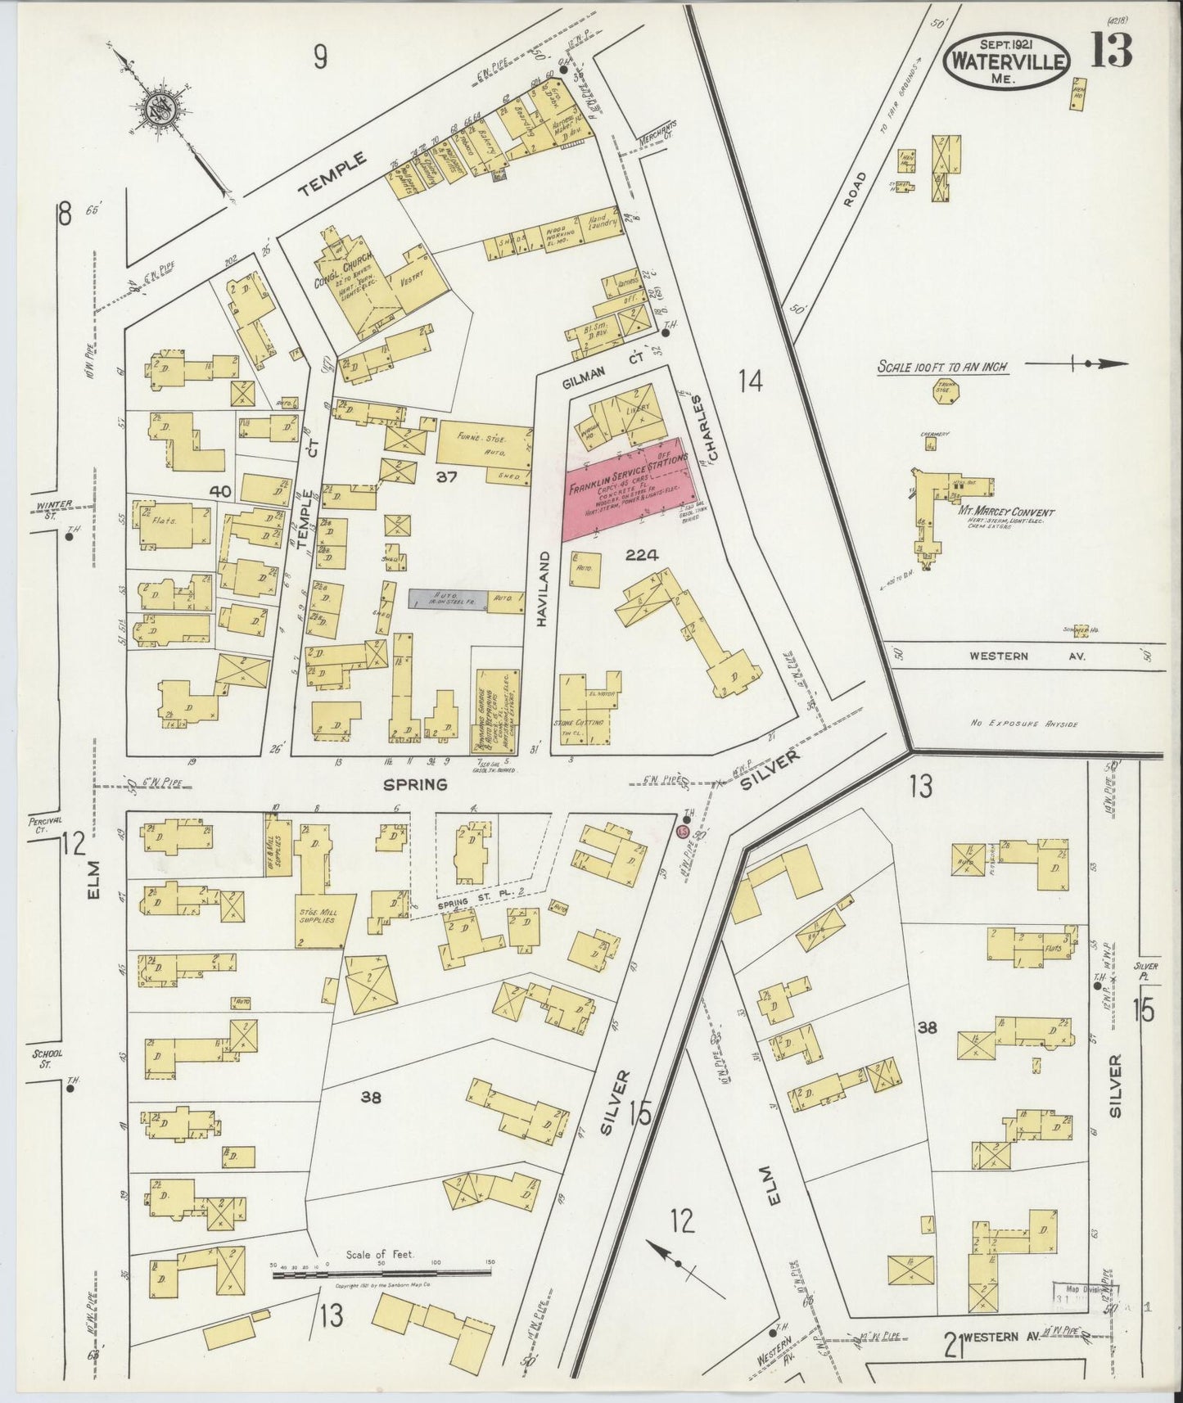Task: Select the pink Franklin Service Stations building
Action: click(631, 488)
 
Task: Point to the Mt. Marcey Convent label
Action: click(1011, 513)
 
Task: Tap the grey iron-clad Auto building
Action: click(449, 598)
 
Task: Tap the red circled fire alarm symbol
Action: click(682, 832)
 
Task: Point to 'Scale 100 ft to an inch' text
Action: click(942, 368)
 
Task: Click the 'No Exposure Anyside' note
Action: click(1025, 724)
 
